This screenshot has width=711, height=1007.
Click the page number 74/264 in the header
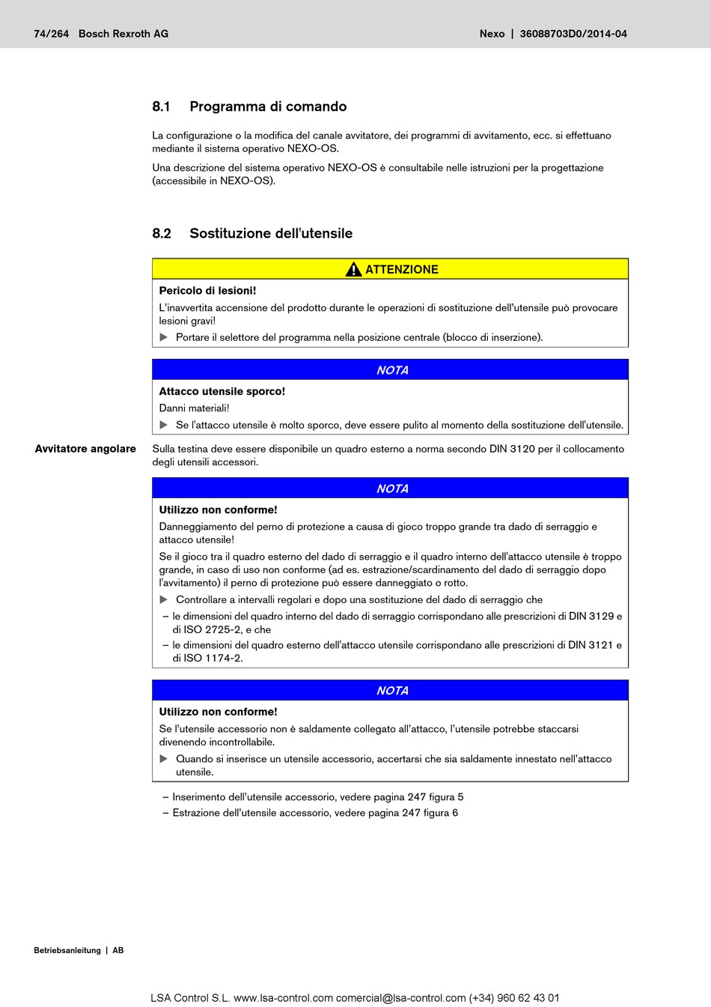coord(51,34)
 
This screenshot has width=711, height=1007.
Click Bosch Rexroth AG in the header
coord(123,34)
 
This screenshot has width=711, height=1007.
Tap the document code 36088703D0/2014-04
coord(573,34)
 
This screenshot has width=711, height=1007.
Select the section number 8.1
coord(162,106)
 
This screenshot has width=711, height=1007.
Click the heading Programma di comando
coord(268,106)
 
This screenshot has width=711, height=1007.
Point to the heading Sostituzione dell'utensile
coord(271,233)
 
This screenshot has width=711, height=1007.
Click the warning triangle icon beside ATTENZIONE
coord(353,269)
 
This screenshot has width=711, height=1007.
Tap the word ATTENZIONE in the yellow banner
coord(402,270)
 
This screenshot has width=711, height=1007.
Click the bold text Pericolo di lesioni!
coord(207,291)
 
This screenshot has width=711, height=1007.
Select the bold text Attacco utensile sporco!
coord(222,391)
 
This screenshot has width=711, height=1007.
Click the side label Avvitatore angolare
coord(85,449)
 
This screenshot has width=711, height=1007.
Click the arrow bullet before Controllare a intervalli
coord(164,599)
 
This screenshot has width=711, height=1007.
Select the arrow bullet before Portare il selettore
coord(164,337)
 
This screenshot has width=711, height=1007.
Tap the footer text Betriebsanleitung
coord(67,950)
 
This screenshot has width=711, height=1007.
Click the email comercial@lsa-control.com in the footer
coord(401,998)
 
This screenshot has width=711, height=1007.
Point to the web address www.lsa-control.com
coord(283,998)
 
